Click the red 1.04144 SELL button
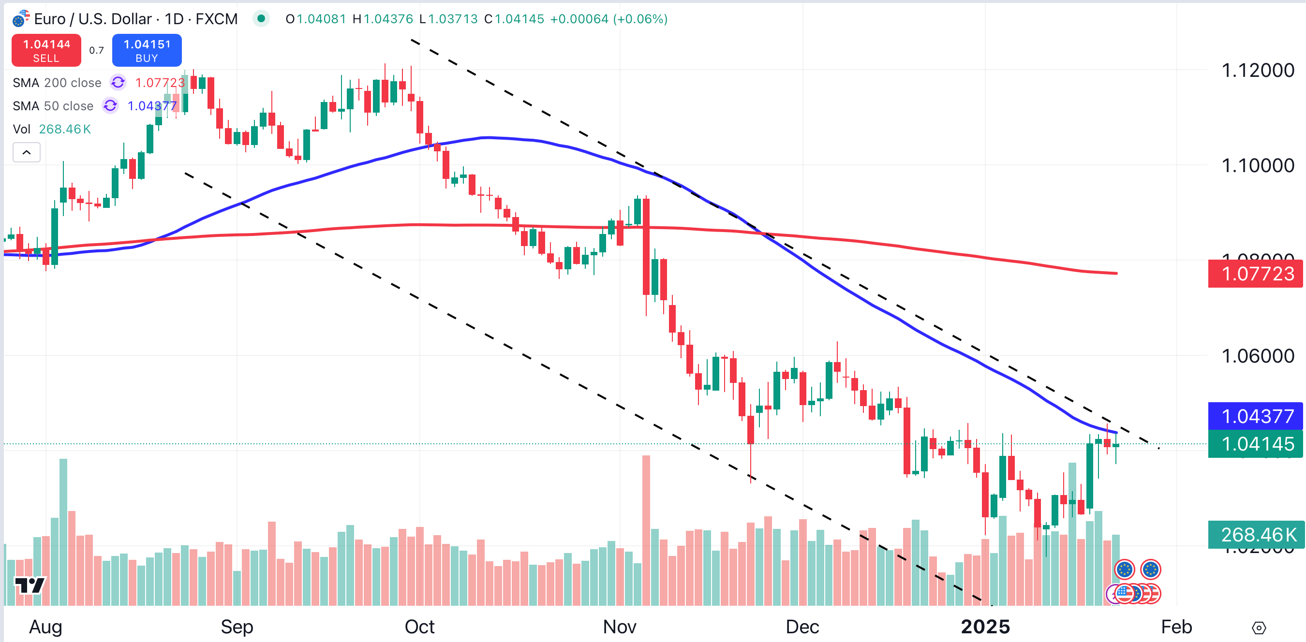pyautogui.click(x=46, y=50)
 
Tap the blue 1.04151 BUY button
pyautogui.click(x=147, y=50)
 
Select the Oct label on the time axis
pyautogui.click(x=419, y=627)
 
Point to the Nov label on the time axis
pyautogui.click(x=619, y=627)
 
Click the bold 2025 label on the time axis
pyautogui.click(x=985, y=627)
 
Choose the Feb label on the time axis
pyautogui.click(x=1176, y=627)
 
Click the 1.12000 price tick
pyautogui.click(x=1257, y=71)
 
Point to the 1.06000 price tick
pyautogui.click(x=1257, y=356)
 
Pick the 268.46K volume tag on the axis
pyautogui.click(x=1256, y=535)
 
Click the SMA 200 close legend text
pyautogui.click(x=57, y=83)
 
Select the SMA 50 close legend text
pyautogui.click(x=53, y=106)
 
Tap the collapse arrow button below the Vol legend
pyautogui.click(x=27, y=152)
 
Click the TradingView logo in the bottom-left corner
pyautogui.click(x=30, y=585)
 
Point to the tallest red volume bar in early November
pyautogui.click(x=646, y=529)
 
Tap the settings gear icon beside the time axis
pyautogui.click(x=1259, y=628)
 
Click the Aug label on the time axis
pyautogui.click(x=45, y=627)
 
